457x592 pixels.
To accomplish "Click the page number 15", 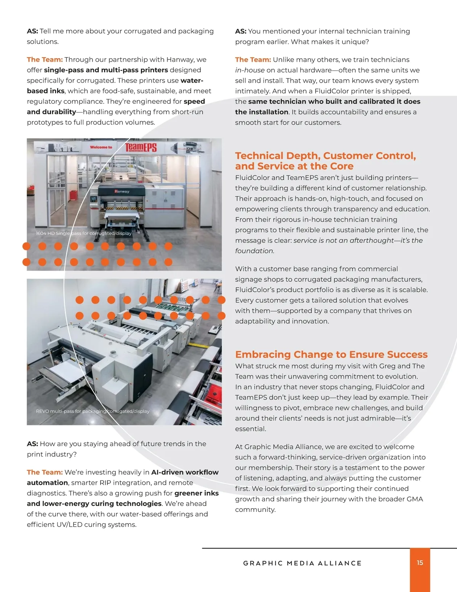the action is coord(420,563).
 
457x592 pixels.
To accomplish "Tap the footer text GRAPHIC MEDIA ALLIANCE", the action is coord(302,563).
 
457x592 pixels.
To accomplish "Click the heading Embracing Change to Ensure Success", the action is coord(331,354).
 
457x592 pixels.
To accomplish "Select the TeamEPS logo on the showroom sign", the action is coord(141,148).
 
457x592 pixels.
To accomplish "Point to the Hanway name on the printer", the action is coord(121,191).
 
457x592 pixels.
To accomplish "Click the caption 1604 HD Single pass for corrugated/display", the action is coord(83,233).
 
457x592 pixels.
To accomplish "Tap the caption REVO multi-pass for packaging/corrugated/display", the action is coord(93,411).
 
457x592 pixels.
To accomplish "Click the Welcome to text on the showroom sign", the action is coord(101,147).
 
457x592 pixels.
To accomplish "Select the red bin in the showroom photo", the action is coord(73,195).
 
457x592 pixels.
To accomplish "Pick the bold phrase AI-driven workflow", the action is coord(185,472).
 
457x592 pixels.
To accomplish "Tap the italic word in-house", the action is coord(249,70).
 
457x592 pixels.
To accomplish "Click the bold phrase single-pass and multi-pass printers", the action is coord(106,70).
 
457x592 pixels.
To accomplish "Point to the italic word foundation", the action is coord(254,251).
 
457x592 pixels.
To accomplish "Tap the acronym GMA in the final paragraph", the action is coord(415,499).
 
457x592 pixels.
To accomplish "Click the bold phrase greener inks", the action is coord(197,493).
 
